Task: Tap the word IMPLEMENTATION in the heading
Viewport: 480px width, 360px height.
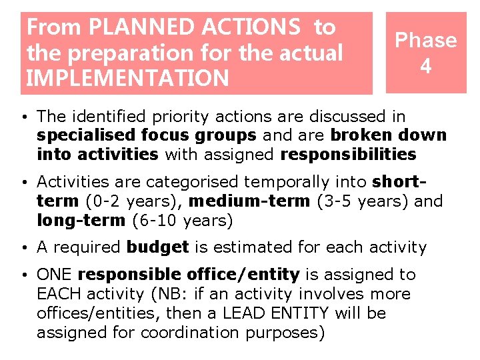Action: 127,78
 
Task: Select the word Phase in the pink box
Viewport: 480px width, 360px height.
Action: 426,40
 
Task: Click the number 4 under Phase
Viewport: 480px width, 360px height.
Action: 426,66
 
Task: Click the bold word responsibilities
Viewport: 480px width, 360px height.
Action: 348,155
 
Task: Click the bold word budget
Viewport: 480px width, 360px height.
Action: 158,247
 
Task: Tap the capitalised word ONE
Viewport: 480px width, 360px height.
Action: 55,275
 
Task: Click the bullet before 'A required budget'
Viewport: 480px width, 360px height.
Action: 23,248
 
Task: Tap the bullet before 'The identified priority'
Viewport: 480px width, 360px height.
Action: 23,117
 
